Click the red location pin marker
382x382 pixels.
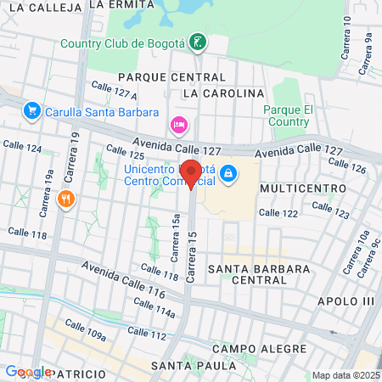point(192,172)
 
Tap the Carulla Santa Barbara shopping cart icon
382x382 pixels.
point(32,111)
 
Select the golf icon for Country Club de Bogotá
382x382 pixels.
point(198,42)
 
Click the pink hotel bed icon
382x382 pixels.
point(178,126)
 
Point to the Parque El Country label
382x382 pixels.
point(289,115)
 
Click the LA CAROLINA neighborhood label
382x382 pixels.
point(224,92)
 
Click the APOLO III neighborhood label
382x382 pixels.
point(345,301)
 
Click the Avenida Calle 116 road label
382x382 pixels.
point(123,279)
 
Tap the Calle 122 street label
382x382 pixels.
point(278,213)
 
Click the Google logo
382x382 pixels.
point(28,372)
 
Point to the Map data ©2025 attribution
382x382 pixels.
point(345,375)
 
